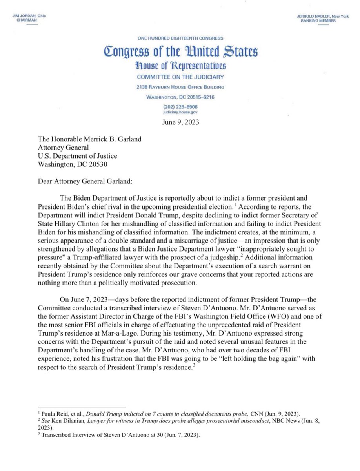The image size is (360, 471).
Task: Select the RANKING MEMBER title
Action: (x=317, y=20)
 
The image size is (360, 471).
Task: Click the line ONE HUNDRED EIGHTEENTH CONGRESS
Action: (x=180, y=38)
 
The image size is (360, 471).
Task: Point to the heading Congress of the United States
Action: (x=180, y=51)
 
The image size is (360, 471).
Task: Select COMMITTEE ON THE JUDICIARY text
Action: (x=180, y=77)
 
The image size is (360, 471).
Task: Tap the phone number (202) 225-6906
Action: (x=180, y=107)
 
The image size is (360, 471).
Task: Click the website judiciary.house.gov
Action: (x=180, y=112)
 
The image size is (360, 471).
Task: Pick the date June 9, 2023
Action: (x=180, y=122)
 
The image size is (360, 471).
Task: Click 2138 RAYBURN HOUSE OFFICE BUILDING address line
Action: (x=180, y=87)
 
